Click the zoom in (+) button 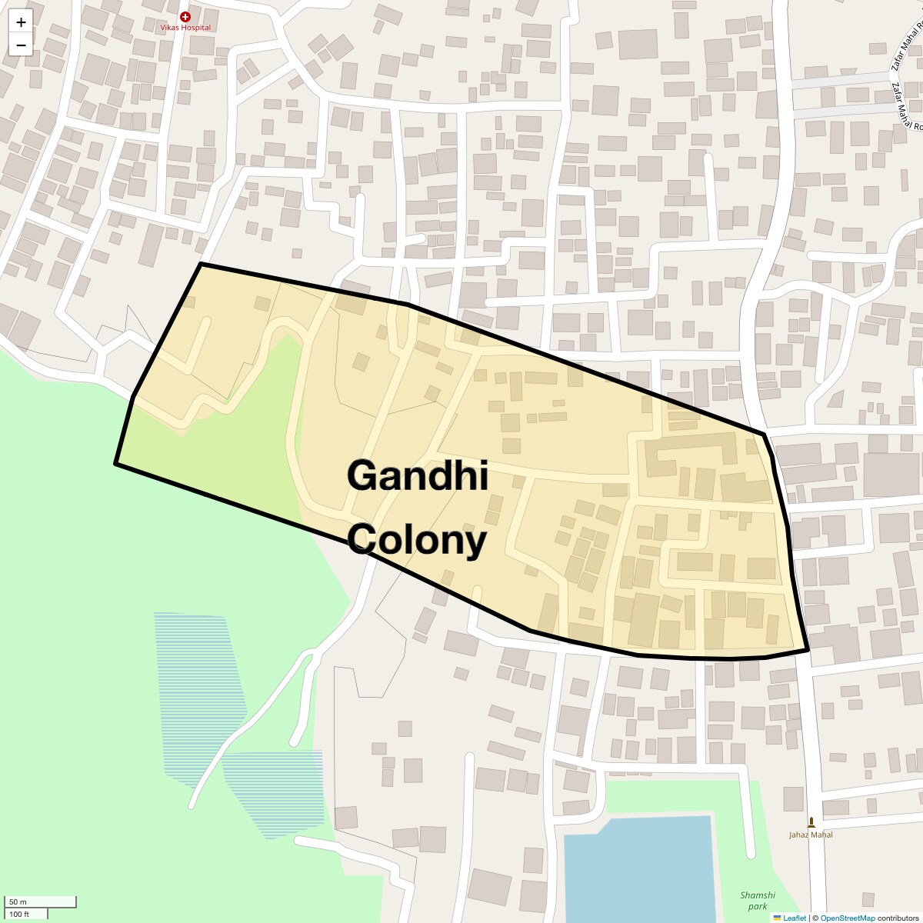pyautogui.click(x=21, y=22)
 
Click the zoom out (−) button pyautogui.click(x=21, y=45)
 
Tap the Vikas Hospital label pyautogui.click(x=185, y=28)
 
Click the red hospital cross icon pyautogui.click(x=185, y=16)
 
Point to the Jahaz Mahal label pyautogui.click(x=811, y=835)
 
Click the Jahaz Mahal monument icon pyautogui.click(x=811, y=822)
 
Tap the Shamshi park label pyautogui.click(x=758, y=901)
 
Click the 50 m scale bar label pyautogui.click(x=18, y=901)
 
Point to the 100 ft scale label pyautogui.click(x=19, y=915)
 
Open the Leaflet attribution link pyautogui.click(x=794, y=918)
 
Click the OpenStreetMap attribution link pyautogui.click(x=847, y=918)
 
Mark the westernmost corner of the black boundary pyautogui.click(x=116, y=463)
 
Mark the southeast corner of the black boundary pyautogui.click(x=808, y=650)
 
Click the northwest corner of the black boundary pyautogui.click(x=201, y=264)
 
